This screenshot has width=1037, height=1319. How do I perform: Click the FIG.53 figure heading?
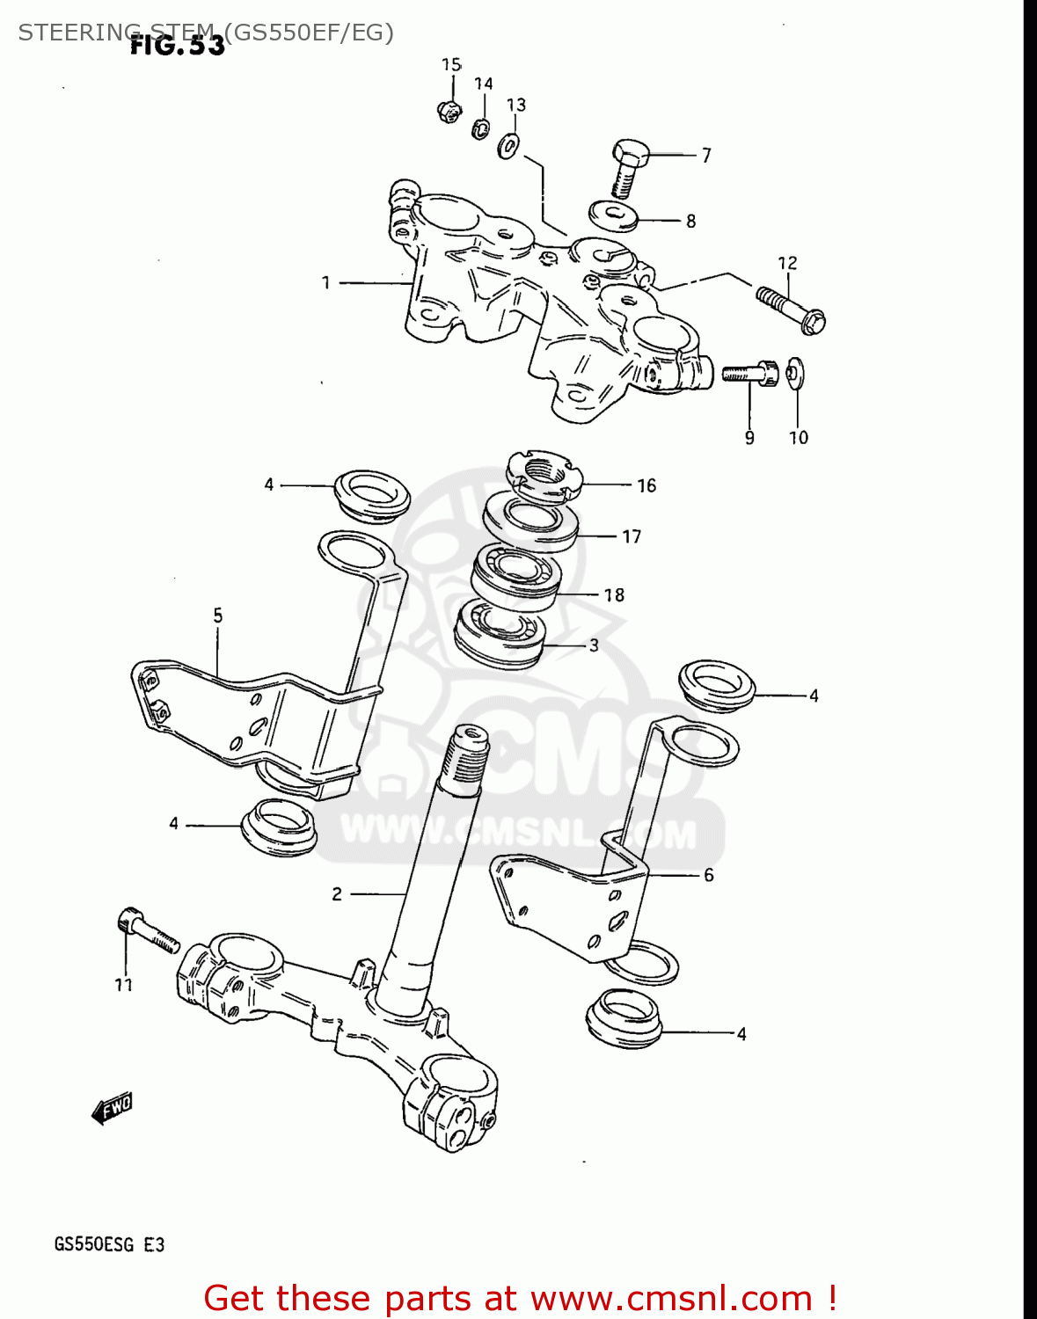[x=178, y=46]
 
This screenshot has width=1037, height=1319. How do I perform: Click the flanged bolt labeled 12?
[x=789, y=308]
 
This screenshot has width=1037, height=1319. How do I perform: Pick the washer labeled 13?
[x=509, y=145]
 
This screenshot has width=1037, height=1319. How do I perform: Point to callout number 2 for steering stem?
[x=337, y=894]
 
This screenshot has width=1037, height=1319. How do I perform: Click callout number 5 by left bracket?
[x=217, y=616]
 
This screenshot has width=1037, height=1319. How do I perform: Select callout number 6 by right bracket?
[x=708, y=875]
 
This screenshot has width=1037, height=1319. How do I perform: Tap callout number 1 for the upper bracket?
[x=325, y=282]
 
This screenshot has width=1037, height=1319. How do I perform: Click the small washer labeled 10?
[x=795, y=373]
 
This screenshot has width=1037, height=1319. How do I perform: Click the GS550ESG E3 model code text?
[x=109, y=1244]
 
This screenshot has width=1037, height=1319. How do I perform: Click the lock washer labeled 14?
[x=481, y=128]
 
